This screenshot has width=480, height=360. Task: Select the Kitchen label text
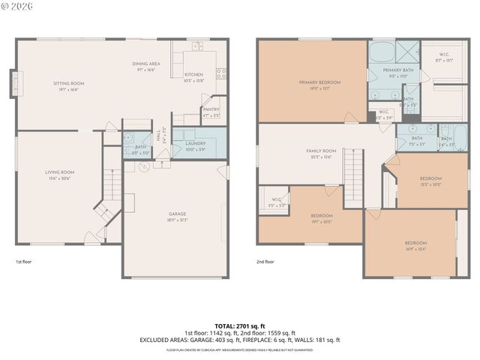(x=193, y=75)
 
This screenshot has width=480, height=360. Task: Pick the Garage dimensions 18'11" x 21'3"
(x=178, y=220)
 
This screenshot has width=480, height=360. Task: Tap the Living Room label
(x=60, y=172)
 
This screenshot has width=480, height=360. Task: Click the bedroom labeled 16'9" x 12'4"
(x=415, y=243)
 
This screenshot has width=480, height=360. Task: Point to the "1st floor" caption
(x=24, y=262)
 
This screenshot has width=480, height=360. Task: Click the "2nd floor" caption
(x=265, y=262)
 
